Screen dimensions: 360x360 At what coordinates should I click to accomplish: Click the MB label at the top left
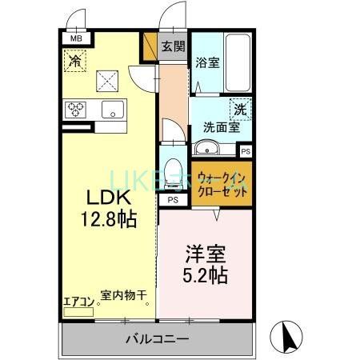[x=77, y=38]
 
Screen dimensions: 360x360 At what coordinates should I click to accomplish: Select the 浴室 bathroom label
[x=208, y=63]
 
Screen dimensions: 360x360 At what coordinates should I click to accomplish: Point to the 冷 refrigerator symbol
[x=75, y=60]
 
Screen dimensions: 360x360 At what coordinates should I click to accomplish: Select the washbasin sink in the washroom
[x=206, y=147]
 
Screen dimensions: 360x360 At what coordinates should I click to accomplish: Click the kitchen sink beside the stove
[x=110, y=110]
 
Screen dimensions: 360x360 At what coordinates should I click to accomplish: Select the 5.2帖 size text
[x=206, y=276]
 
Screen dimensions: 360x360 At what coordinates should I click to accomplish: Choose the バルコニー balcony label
[x=158, y=338]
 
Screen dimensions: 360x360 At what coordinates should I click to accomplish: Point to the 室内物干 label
[x=124, y=295]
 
